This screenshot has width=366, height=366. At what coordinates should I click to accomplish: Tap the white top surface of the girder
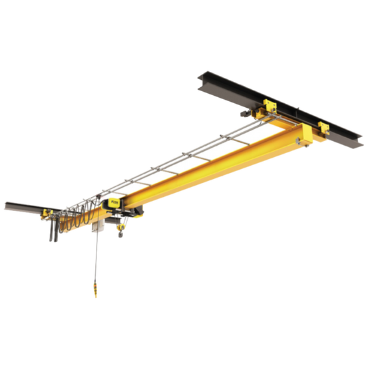pyautogui.click(x=200, y=160)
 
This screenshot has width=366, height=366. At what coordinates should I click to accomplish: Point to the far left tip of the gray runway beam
pyautogui.click(x=3, y=203)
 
